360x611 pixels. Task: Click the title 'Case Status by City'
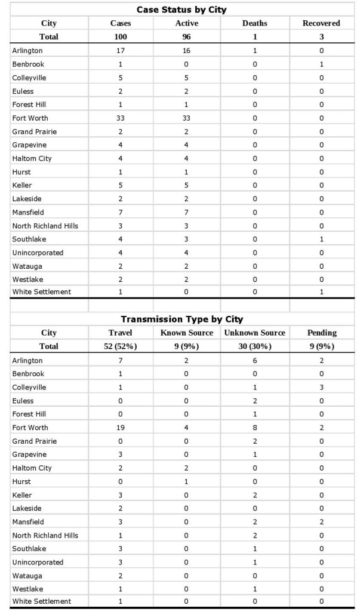pos(181,10)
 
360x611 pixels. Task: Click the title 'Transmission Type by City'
pos(181,319)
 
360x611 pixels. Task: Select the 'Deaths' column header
pos(254,23)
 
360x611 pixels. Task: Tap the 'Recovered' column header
pos(321,23)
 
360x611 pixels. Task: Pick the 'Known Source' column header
pos(186,333)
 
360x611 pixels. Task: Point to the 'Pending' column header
pos(321,333)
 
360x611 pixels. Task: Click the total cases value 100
pos(121,36)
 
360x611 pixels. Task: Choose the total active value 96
pos(186,36)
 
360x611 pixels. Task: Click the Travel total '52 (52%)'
pos(121,346)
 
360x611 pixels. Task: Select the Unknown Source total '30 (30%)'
pos(254,346)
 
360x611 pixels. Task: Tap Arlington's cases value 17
pos(121,51)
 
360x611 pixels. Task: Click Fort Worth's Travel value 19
pos(121,428)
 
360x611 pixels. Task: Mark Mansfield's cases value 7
pos(121,212)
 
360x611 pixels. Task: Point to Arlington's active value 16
pos(186,51)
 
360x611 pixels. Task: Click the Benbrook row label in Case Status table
pos(28,64)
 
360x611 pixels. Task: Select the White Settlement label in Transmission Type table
pos(41,601)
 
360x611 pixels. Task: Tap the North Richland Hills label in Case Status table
pos(45,226)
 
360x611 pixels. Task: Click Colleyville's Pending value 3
pos(321,387)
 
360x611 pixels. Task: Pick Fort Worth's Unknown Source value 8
pos(254,428)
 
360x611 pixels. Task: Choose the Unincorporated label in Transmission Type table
pos(38,562)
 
